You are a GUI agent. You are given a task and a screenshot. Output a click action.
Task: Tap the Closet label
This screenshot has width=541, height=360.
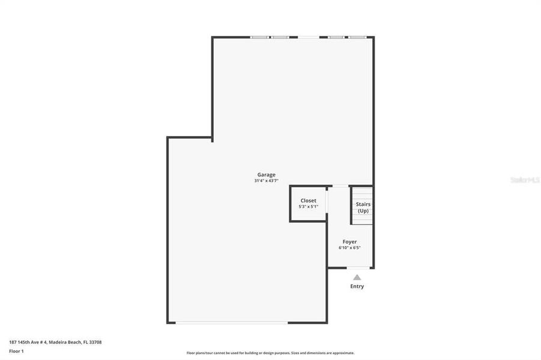(308, 200)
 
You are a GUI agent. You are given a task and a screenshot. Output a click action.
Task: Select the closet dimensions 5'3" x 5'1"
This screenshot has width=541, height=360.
(308, 206)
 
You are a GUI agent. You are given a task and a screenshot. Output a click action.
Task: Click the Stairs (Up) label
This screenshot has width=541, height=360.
(363, 207)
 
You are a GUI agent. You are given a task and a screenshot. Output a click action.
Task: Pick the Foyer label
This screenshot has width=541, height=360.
(349, 241)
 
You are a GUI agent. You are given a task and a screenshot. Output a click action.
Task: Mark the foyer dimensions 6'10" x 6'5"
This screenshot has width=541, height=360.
(349, 247)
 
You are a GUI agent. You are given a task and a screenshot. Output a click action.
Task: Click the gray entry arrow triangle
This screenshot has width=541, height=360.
(357, 277)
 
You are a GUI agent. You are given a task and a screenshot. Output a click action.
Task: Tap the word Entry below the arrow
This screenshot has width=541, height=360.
(357, 286)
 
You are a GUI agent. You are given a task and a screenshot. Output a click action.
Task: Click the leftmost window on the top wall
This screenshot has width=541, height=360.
(259, 37)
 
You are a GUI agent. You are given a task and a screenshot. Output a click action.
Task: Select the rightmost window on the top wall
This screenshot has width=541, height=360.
(357, 37)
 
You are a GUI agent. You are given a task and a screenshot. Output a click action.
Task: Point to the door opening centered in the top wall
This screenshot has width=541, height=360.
(309, 37)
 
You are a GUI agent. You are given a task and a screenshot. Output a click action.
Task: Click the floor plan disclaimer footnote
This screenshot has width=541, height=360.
(270, 353)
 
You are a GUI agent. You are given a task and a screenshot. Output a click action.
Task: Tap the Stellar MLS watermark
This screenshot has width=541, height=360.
(525, 179)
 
